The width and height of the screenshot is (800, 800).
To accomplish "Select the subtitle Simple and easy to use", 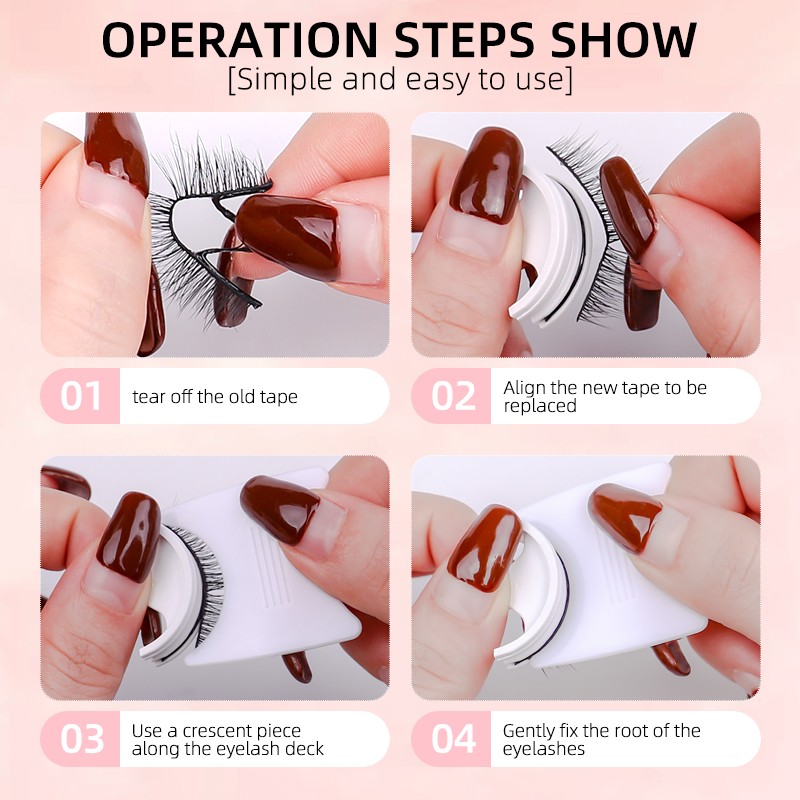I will point(400,80).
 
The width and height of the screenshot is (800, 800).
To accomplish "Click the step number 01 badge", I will point(80,396).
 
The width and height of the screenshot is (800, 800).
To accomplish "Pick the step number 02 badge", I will point(452,396).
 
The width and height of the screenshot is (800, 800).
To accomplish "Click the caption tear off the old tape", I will point(215,397).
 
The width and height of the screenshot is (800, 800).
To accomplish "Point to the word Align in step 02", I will point(525,387).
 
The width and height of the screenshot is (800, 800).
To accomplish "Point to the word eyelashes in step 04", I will point(544,749).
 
